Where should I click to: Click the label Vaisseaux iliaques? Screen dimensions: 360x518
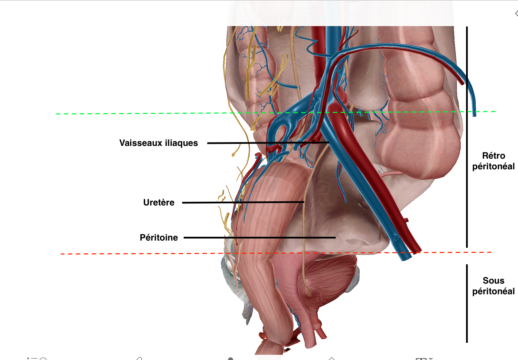click(159, 143)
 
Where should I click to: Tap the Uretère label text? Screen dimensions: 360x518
click(159, 202)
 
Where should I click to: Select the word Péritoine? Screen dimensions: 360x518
click(159, 237)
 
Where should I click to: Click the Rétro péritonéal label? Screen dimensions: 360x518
click(493, 161)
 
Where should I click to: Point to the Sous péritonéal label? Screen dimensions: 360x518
click(493, 286)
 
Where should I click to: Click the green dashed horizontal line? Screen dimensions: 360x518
click(138, 113)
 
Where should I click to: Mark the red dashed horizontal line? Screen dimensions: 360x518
click(138, 254)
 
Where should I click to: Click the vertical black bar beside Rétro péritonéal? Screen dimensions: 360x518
click(467, 138)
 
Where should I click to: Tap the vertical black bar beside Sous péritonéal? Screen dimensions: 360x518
click(467, 303)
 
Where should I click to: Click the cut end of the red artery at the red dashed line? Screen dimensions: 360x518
click(417, 251)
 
